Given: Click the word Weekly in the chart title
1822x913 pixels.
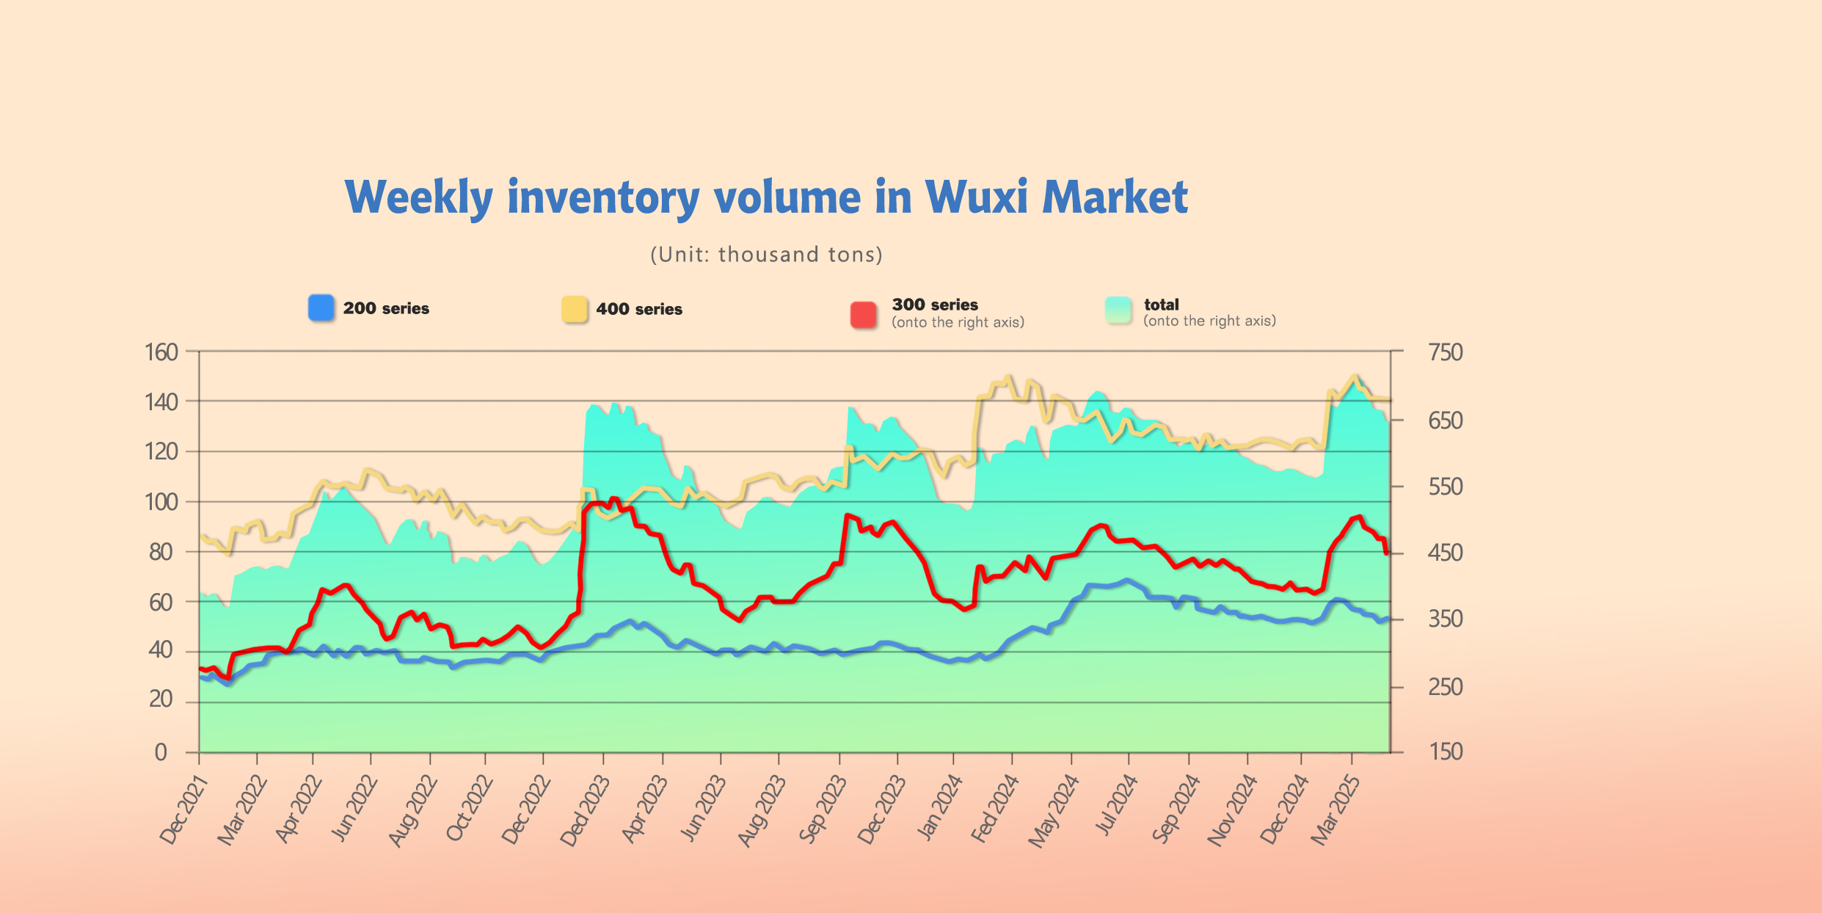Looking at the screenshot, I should click(x=419, y=198).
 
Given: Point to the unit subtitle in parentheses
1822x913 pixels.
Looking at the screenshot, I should click(x=766, y=255).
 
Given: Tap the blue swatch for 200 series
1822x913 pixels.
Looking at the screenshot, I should click(x=321, y=308).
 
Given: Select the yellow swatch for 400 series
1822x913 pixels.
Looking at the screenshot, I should click(x=575, y=309).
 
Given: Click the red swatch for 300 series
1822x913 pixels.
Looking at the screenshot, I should click(x=864, y=314).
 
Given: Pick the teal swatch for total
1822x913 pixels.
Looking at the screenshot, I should click(x=1118, y=310).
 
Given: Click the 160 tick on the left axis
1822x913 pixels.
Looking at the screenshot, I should click(x=161, y=352).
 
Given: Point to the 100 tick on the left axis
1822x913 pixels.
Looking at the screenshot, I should click(x=161, y=502).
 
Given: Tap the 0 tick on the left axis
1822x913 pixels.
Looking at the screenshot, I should click(x=161, y=752).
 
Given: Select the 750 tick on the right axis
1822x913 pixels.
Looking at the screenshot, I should click(x=1445, y=352).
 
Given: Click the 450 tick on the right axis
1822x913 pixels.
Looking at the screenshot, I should click(x=1445, y=553).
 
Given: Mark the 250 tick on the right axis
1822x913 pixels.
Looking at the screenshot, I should click(x=1445, y=687).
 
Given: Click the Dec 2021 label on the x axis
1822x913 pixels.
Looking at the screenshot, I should click(x=184, y=811).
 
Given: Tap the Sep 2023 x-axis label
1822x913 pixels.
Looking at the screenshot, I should click(x=823, y=811).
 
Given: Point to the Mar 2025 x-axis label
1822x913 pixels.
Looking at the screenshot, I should click(x=1335, y=811).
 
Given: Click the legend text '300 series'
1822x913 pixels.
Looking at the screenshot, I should click(x=935, y=305).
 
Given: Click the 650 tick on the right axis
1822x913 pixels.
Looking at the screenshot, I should click(x=1445, y=421).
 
